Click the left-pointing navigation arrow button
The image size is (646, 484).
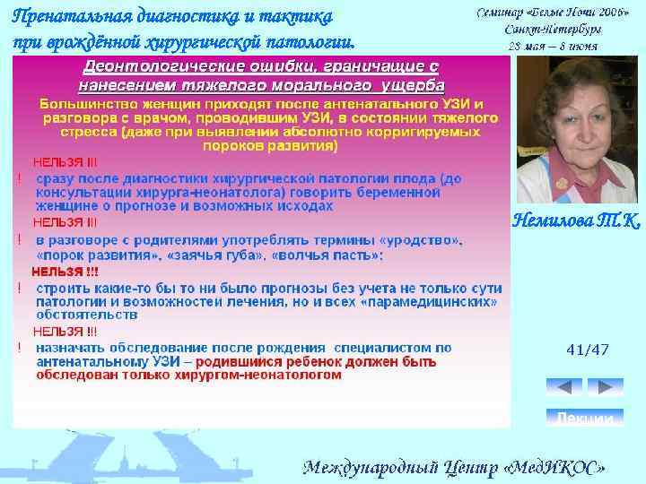[563, 387]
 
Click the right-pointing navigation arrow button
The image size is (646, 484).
[606, 387]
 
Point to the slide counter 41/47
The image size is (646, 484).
[588, 350]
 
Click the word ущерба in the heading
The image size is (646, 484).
[406, 84]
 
